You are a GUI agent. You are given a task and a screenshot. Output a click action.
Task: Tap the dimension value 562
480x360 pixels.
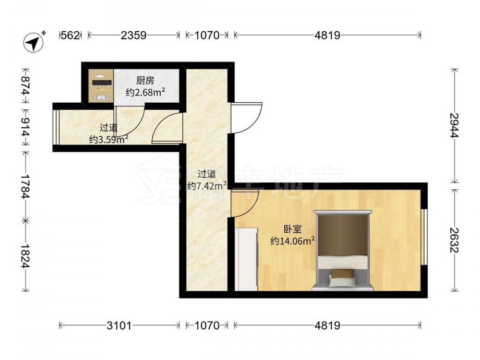[x=71, y=36]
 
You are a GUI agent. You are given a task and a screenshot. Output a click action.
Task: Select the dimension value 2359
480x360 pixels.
[x=133, y=36]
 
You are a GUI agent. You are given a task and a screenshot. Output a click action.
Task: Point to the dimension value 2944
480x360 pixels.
[x=455, y=125]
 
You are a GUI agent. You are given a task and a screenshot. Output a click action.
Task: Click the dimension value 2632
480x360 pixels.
[x=455, y=240]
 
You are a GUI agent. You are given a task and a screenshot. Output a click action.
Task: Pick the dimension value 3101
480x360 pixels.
[x=119, y=325]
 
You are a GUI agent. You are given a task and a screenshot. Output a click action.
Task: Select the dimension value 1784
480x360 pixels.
[x=26, y=186]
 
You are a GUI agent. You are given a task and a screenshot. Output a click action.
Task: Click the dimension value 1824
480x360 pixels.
[x=26, y=256]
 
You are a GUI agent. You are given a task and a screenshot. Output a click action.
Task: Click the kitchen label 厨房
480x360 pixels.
[x=145, y=81]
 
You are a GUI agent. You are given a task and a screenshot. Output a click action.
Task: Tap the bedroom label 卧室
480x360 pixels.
[x=293, y=229]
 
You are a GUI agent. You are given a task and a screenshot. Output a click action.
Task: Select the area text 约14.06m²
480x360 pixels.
[x=293, y=241]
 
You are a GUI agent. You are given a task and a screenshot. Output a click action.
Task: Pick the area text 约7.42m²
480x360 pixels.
[x=207, y=185]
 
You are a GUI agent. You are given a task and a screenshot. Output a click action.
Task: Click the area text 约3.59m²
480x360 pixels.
[x=108, y=139]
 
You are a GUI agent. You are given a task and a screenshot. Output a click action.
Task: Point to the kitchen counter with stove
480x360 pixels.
[x=101, y=86]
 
